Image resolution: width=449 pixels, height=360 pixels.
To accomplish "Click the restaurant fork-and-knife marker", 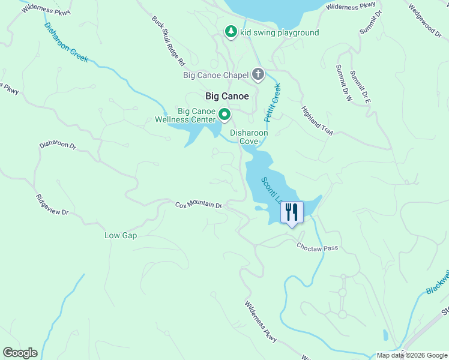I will coord(292,212).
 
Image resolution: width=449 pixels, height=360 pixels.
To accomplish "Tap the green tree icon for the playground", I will coord(231,32).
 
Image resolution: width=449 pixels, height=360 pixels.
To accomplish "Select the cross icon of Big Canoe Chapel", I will coord(258,75).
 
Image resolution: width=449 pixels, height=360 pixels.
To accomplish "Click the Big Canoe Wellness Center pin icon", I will coord(224,113).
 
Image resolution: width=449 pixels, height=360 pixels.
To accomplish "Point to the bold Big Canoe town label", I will coord(227,95).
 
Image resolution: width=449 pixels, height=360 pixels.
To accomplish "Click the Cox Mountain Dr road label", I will coord(199,205).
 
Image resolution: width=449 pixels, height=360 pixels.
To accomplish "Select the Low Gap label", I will coord(121,236).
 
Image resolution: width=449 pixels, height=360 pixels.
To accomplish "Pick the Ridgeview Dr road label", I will coord(52,205).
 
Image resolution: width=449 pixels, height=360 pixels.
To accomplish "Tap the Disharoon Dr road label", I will coord(58,145).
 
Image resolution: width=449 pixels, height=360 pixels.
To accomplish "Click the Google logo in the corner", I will coord(20,353).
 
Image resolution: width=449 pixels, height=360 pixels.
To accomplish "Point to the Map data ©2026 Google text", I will coord(411,355).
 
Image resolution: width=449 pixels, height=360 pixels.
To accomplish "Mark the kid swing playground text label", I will coord(279,32).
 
